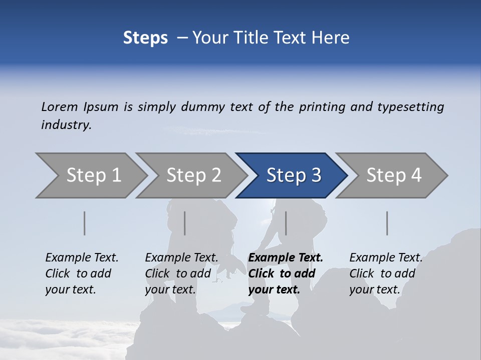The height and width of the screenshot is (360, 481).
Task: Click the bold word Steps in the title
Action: click(145, 38)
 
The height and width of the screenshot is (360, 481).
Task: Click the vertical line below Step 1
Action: click(85, 223)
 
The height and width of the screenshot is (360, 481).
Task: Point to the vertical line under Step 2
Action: click(185, 223)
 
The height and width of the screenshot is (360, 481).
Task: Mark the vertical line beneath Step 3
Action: click(286, 223)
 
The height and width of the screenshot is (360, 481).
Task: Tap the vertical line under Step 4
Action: click(387, 223)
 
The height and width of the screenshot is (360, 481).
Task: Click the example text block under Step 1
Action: click(82, 273)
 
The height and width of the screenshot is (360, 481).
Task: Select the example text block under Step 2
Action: click(181, 273)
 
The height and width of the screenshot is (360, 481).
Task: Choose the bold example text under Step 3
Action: click(286, 273)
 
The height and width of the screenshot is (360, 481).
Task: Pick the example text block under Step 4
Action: click(386, 273)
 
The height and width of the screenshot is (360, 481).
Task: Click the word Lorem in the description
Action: click(60, 107)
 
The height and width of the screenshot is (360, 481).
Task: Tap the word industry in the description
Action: click(66, 125)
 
